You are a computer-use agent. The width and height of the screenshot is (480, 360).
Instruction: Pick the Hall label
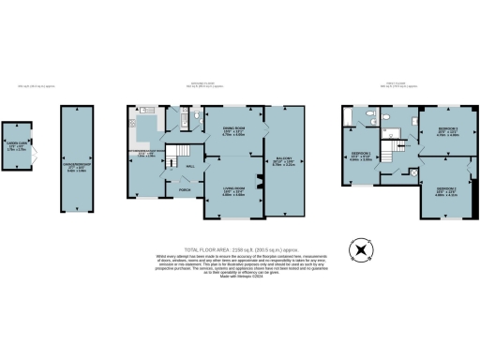pos(189,165)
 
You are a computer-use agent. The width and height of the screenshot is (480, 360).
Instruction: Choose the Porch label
pos(183,192)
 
